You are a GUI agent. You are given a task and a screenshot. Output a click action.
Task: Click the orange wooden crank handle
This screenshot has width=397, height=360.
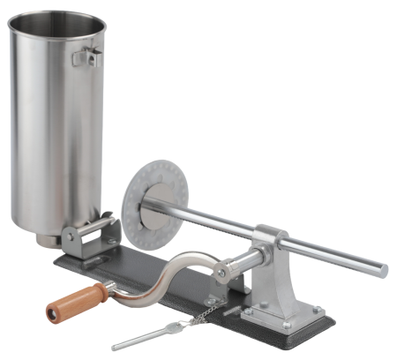74,300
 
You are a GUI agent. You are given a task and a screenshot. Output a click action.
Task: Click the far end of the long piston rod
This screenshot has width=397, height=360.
381,266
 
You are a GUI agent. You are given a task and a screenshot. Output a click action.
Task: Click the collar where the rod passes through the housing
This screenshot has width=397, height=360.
270,236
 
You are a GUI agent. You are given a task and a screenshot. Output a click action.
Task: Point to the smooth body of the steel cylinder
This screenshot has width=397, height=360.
53,132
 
